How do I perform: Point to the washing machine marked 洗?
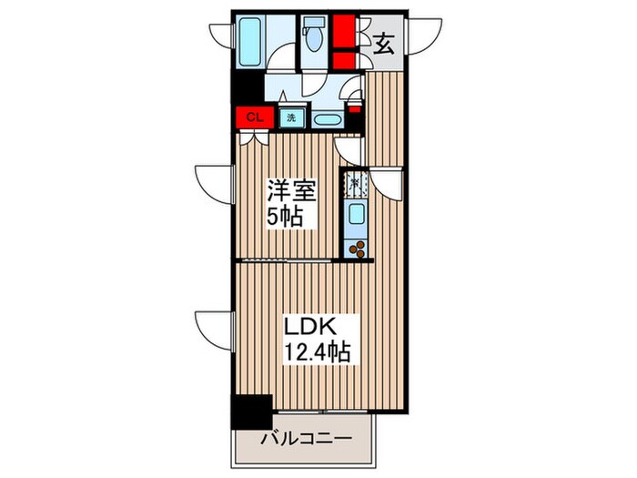pos(291,117)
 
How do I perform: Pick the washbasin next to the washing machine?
pos(327,118)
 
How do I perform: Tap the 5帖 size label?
pos(284,219)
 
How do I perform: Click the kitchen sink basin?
pos(357,216)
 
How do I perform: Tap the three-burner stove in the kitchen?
pos(357,248)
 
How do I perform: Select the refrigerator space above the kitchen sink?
pos(355,183)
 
